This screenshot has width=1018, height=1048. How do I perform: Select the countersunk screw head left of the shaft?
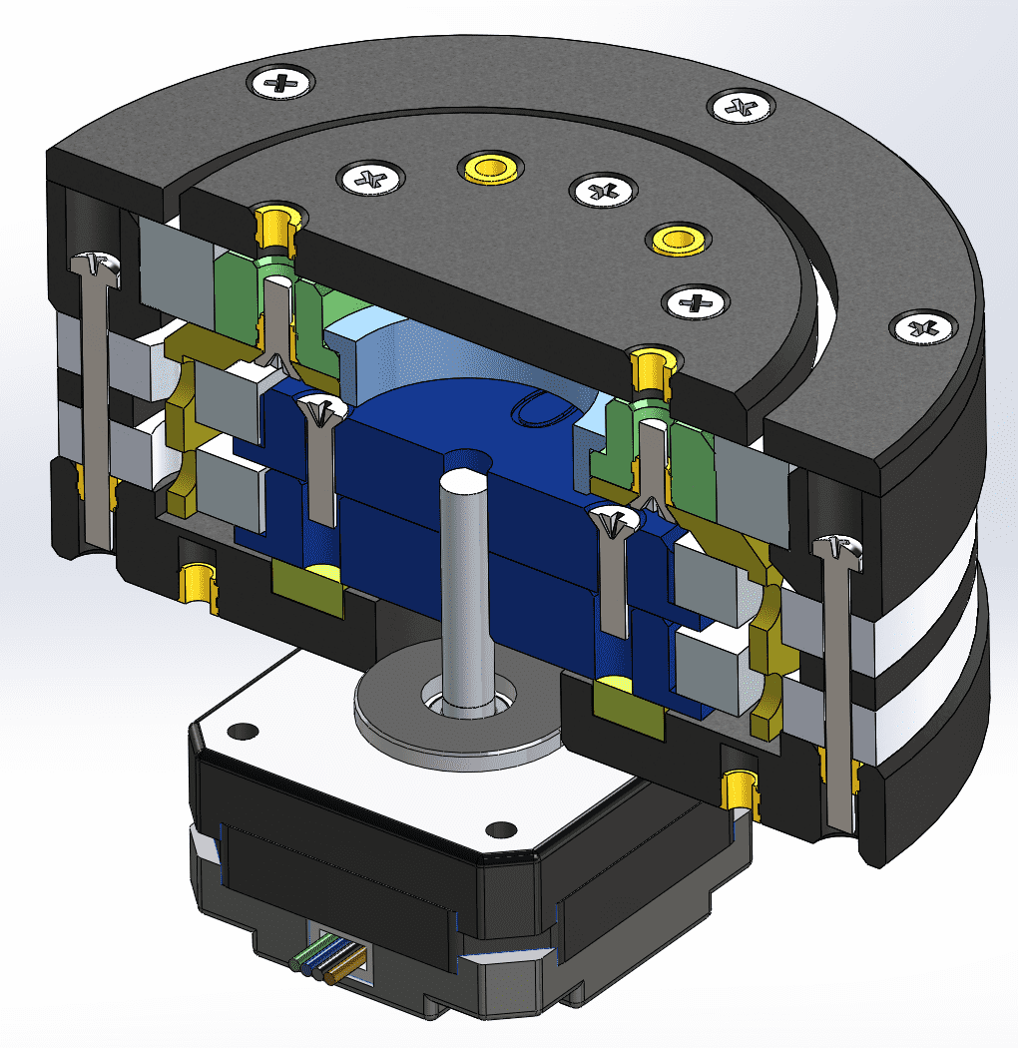click(322, 409)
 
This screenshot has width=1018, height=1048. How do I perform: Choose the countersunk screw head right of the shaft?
click(610, 519)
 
